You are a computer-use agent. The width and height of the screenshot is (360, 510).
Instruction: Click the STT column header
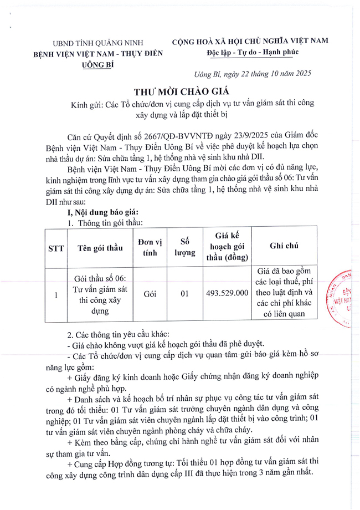point(56,248)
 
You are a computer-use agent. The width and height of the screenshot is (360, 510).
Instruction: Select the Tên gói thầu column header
point(100,248)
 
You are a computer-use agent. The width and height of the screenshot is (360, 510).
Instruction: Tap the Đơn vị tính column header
point(150,248)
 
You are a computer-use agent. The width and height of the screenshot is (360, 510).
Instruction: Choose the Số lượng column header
point(185,248)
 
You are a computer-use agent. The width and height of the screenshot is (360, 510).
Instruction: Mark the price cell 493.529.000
point(227,294)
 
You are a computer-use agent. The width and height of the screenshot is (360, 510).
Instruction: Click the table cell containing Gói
point(150,294)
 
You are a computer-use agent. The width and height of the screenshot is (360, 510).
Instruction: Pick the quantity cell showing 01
point(185,294)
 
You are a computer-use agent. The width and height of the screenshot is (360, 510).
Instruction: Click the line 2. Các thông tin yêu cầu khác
point(119,335)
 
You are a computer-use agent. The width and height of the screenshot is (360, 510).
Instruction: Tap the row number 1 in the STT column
point(56,294)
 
